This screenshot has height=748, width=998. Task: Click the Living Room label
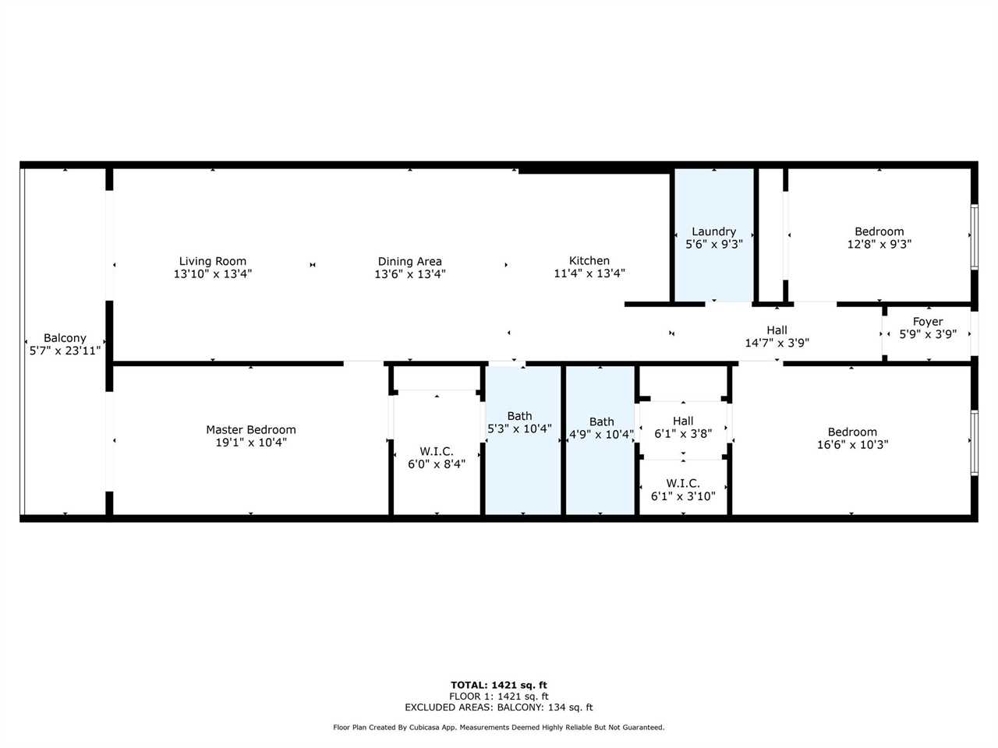(212, 261)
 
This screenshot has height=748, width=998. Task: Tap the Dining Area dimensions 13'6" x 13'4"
(409, 273)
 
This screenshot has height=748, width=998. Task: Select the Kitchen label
(589, 261)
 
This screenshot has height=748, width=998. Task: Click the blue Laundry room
(714, 235)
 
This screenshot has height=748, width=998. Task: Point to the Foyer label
(928, 322)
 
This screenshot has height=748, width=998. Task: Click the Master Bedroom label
(251, 429)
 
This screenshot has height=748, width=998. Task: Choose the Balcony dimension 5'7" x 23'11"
(65, 351)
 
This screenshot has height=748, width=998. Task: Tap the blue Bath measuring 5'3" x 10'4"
(523, 440)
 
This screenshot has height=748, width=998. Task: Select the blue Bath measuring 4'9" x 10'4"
(600, 440)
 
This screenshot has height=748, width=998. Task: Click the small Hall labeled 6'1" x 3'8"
(683, 428)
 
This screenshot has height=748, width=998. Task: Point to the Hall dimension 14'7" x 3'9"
(777, 343)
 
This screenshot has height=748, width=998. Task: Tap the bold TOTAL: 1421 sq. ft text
(499, 685)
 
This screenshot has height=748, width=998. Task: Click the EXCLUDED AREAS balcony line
(499, 707)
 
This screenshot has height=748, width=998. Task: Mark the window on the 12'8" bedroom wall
(975, 236)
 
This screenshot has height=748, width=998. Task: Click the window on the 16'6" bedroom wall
(975, 443)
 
